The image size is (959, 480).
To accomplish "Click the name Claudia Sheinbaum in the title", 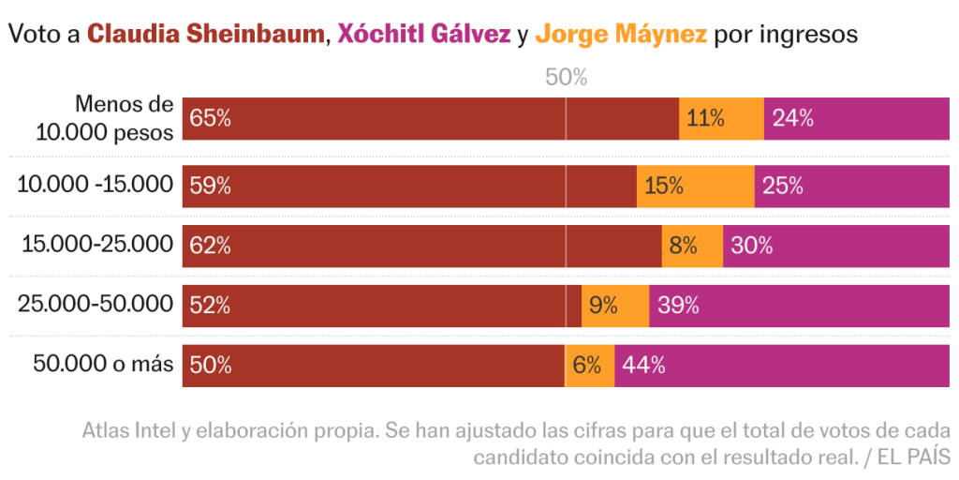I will [205, 35].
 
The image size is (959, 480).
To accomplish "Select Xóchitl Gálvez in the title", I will [424, 35].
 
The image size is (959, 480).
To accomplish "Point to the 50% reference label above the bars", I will [566, 78].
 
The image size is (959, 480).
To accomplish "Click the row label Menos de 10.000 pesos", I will [105, 118].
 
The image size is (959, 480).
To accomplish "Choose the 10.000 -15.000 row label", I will [96, 185].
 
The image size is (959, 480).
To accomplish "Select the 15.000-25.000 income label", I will [97, 245].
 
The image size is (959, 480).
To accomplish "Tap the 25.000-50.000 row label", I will [96, 304].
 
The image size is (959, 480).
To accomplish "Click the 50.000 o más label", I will [103, 364].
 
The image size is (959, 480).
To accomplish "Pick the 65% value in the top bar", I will [210, 119].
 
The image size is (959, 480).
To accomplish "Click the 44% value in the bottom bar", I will [643, 366].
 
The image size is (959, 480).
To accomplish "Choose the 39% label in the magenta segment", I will [678, 306].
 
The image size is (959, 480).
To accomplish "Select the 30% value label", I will [751, 246].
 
